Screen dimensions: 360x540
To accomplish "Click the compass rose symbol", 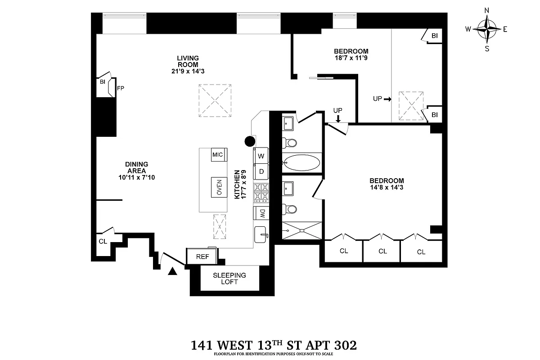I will point(486,29).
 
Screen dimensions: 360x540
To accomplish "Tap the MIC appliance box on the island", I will point(218,154).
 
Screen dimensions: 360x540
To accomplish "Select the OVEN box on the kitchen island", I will point(219,187).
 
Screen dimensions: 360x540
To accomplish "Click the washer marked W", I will point(261,156).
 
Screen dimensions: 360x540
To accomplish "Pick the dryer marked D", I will point(261,171).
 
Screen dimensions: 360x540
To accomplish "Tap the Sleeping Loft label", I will point(229,279).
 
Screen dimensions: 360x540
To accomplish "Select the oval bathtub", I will point(302,163).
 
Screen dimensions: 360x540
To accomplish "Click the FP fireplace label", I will point(121,88).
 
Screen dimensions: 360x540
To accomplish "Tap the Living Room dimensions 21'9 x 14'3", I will point(188,71).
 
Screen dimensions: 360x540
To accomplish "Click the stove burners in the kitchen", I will point(261,193).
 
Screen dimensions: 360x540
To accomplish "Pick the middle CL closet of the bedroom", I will point(382,251).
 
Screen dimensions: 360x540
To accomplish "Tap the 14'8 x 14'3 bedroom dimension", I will point(385,187).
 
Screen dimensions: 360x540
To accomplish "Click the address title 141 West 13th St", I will point(274,346).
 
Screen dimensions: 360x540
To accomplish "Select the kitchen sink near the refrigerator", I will point(261,234).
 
